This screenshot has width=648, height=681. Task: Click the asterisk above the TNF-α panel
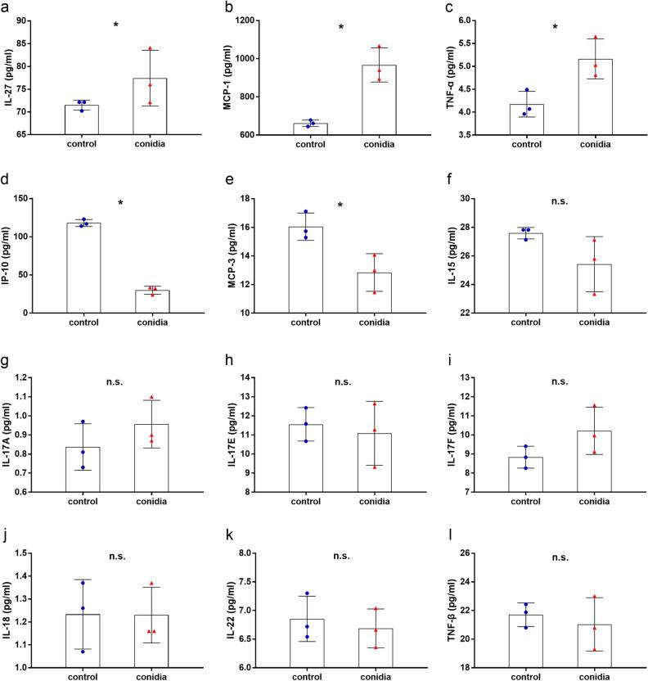(555, 28)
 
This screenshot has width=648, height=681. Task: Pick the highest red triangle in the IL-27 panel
(150, 49)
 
